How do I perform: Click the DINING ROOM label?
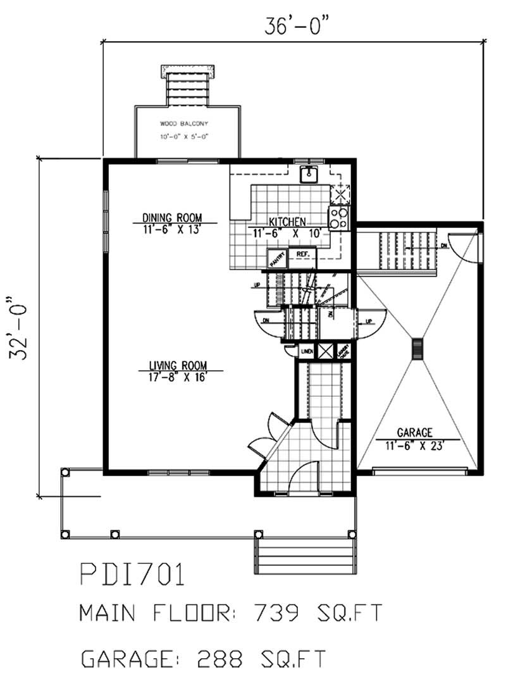pyautogui.click(x=172, y=218)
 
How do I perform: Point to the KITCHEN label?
pyautogui.click(x=288, y=222)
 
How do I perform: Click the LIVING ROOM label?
pyautogui.click(x=178, y=365)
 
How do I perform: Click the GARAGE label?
pyautogui.click(x=414, y=433)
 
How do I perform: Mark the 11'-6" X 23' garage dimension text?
pyautogui.click(x=414, y=445)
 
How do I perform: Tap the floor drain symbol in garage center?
pyautogui.click(x=417, y=349)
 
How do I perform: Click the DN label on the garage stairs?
pyautogui.click(x=445, y=245)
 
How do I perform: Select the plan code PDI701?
pyautogui.click(x=132, y=576)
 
